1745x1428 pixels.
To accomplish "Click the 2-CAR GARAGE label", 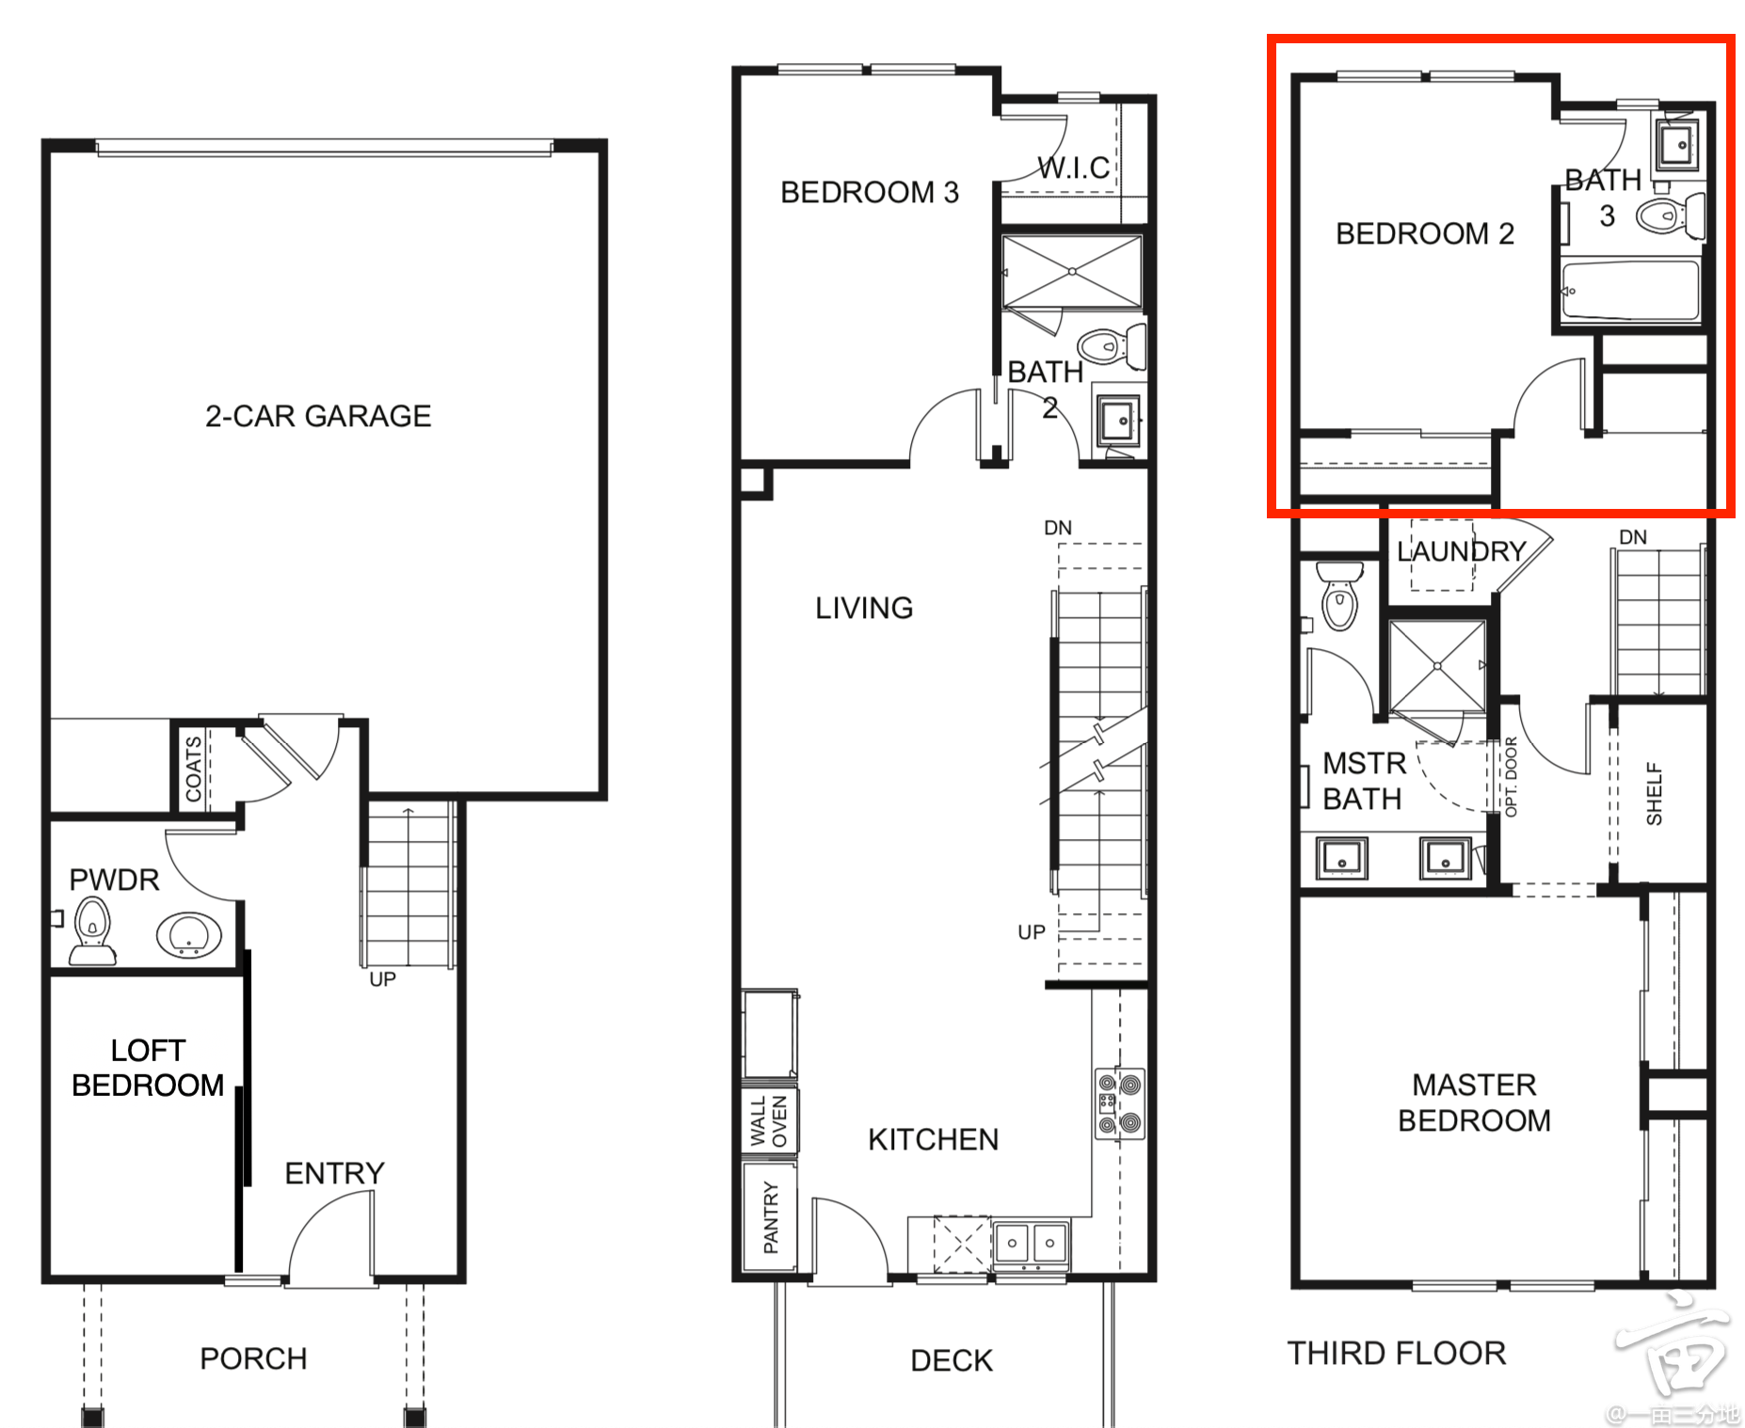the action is tap(318, 416).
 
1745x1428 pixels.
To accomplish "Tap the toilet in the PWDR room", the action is tap(92, 930).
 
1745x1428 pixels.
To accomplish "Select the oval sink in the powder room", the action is tap(189, 935).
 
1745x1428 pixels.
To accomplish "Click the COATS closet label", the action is tap(194, 769).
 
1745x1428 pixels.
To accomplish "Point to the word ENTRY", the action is tap(335, 1173).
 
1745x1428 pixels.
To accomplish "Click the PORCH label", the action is tap(253, 1358).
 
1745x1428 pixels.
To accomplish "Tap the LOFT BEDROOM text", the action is tap(148, 1068).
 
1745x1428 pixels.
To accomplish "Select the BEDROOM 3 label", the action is tap(870, 192).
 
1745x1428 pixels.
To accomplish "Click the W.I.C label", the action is tap(1074, 168).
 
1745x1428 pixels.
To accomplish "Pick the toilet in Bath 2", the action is tap(1113, 347).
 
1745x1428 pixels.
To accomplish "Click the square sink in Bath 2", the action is tap(1119, 420).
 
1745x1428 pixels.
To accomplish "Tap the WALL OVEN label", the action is tap(769, 1120).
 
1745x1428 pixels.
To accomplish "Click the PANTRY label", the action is tap(771, 1217).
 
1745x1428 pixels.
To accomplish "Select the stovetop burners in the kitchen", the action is tap(1119, 1104).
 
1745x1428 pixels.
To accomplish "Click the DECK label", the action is tap(952, 1360).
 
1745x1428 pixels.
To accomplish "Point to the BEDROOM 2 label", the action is tap(1425, 233).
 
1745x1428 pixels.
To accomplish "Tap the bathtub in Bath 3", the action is tap(1631, 291).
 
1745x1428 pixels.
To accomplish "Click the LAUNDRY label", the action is tap(1461, 551).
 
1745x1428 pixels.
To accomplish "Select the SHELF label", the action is tap(1654, 794).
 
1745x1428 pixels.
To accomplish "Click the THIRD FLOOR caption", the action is tap(1397, 1353).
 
